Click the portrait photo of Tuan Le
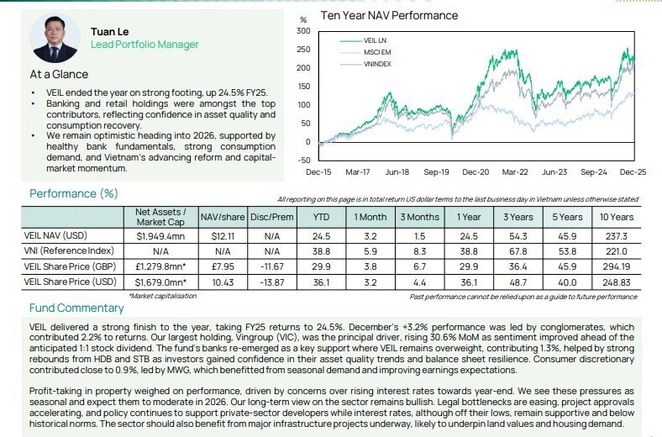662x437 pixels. coord(55,38)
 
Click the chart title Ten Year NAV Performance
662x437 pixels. coord(389,15)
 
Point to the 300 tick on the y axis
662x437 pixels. coord(303,31)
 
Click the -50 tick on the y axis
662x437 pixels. coord(303,160)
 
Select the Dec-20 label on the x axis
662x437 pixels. coord(475,171)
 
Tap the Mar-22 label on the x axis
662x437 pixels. coord(515,171)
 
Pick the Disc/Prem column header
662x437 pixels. coord(271,217)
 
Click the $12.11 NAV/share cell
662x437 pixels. coord(222,236)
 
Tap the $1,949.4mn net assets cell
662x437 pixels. coord(160,236)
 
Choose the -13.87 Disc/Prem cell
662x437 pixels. coord(271,282)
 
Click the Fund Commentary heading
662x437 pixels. coord(76,308)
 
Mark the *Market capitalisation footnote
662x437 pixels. coord(162,296)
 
